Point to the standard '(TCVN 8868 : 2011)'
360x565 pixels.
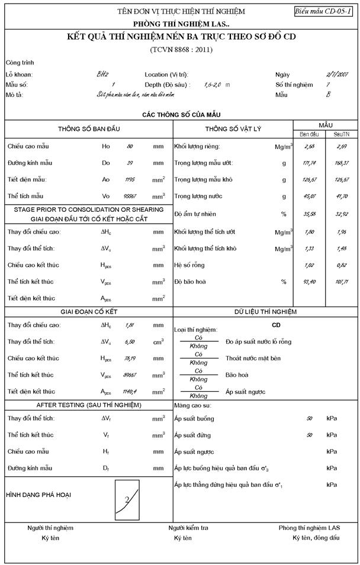[181, 50]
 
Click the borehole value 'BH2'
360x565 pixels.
[102, 75]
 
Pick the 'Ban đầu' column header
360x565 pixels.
[308, 134]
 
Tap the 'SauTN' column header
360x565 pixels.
[341, 134]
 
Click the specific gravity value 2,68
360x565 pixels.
[308, 146]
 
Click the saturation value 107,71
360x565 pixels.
[342, 281]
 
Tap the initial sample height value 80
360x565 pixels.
[130, 146]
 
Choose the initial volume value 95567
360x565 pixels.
[130, 196]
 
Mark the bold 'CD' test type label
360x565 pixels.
[276, 325]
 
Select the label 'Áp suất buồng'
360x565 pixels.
[194, 418]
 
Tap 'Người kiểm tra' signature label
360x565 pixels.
[188, 528]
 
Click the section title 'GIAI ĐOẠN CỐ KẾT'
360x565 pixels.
[89, 311]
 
